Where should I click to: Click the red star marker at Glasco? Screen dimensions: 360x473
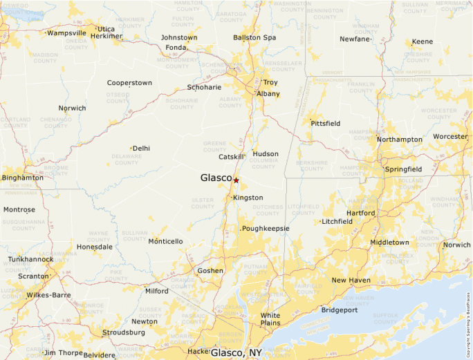[236, 180]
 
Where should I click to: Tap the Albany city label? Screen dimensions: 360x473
[268, 93]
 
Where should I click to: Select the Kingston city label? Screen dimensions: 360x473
[248, 198]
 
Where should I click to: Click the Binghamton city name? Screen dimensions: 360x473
[23, 178]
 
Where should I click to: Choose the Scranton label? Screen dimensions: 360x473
[33, 276]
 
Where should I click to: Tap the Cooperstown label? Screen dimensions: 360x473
[129, 83]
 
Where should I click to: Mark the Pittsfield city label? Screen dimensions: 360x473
[325, 123]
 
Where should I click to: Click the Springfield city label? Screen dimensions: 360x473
[405, 169]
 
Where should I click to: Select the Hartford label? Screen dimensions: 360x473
[360, 213]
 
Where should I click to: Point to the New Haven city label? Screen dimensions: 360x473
[351, 280]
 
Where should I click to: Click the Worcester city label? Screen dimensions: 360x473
[450, 136]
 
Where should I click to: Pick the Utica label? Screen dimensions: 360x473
[106, 29]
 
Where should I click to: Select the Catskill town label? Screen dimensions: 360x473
[232, 157]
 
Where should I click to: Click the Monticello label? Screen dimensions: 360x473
[165, 241]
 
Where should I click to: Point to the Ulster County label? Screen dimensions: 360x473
[203, 203]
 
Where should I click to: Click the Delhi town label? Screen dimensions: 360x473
[141, 148]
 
